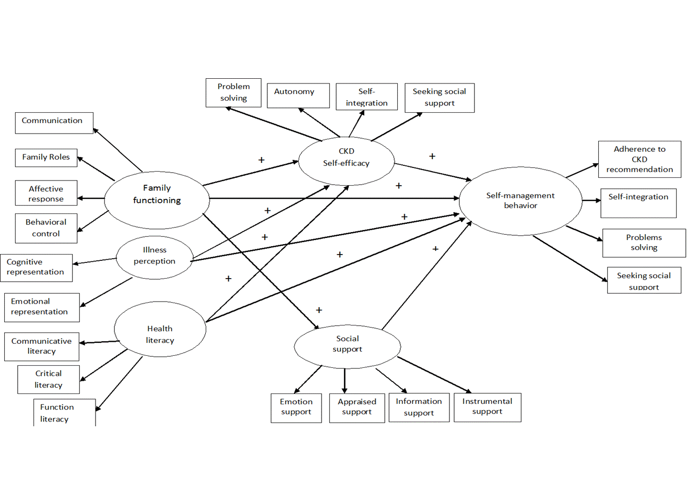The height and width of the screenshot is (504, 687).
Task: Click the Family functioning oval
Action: pos(157,199)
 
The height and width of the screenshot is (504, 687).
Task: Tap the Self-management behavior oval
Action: pos(520,201)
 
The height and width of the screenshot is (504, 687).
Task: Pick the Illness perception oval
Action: pos(154,257)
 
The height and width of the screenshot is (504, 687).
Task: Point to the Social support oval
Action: pos(347,346)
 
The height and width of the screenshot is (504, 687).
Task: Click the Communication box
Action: pos(54,123)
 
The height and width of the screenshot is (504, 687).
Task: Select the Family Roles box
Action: pos(46,158)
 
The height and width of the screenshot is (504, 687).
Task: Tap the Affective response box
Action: pos(46,194)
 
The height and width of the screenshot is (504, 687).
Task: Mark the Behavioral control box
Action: pos(46,228)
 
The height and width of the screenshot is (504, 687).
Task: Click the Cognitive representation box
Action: pos(35,268)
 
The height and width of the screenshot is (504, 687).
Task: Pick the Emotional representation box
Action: pos(41,307)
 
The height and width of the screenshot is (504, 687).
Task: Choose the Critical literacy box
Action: pos(49,379)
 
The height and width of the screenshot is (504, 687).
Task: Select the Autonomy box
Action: pos(298,95)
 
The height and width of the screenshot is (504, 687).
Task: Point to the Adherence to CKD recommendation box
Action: pos(639,159)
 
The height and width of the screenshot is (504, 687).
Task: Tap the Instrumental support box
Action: pos(487,407)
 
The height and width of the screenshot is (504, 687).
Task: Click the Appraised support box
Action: pos(357,407)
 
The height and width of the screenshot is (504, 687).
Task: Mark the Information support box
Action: pos(419,407)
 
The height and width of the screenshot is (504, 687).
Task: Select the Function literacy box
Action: pos(64,413)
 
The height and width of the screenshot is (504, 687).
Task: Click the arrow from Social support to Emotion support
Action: pos(308,379)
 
